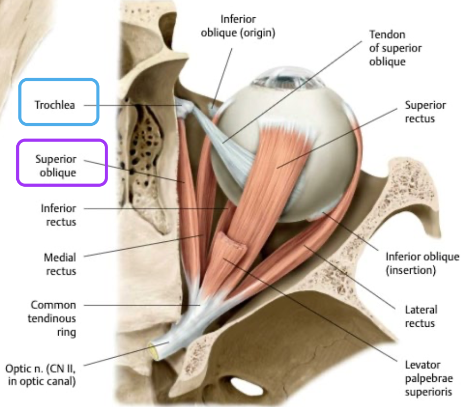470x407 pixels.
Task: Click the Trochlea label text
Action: (x=55, y=105)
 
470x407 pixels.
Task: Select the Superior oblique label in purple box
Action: (x=56, y=165)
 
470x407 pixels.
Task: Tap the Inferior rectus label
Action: (x=59, y=215)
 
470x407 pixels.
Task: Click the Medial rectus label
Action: (x=60, y=264)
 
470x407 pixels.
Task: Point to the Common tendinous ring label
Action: (x=53, y=318)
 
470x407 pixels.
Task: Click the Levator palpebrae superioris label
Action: (x=423, y=378)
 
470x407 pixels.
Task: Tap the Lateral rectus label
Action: (x=421, y=316)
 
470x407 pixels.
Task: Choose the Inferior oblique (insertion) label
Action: (x=422, y=264)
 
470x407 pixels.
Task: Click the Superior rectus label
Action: (x=425, y=112)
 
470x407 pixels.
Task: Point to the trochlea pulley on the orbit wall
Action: (x=185, y=108)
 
